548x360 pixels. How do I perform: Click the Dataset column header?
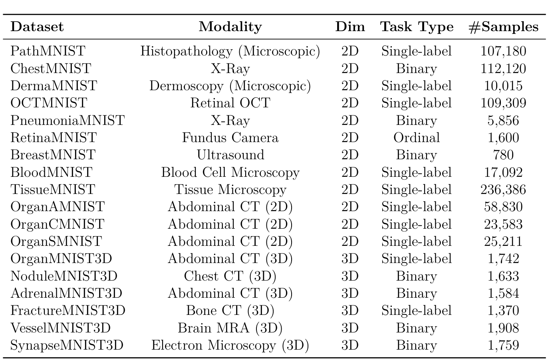click(37, 27)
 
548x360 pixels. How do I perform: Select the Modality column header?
click(230, 27)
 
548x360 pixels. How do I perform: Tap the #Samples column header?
click(503, 27)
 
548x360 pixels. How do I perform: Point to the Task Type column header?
click(417, 27)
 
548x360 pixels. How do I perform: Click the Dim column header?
click(350, 27)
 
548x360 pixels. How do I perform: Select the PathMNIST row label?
click(48, 51)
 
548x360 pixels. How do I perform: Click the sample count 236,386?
click(503, 190)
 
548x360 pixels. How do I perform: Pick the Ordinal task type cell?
click(417, 138)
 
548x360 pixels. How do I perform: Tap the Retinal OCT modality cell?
click(230, 103)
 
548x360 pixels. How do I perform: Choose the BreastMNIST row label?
click(53, 155)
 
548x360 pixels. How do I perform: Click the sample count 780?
click(503, 155)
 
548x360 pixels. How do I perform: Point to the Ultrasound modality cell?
click(230, 155)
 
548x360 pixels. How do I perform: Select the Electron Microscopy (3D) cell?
click(230, 345)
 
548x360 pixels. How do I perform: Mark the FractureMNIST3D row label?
click(68, 311)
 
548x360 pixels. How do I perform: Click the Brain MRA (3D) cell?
click(230, 328)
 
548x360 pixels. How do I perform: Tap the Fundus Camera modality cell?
click(230, 138)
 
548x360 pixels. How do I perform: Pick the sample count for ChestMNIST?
click(503, 69)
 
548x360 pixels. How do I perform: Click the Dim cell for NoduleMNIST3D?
click(350, 276)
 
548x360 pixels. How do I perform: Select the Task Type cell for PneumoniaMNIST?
click(417, 121)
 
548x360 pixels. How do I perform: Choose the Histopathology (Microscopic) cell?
click(230, 51)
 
